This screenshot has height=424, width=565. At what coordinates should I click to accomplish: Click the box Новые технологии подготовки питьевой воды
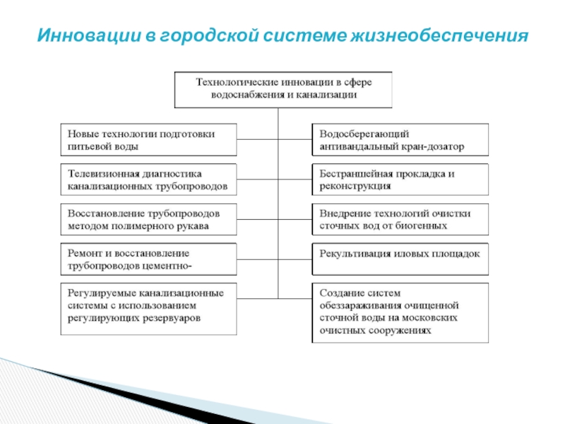click(x=148, y=140)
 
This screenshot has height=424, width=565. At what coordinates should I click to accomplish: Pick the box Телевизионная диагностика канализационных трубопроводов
click(x=148, y=180)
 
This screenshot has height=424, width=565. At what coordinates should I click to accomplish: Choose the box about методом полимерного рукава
click(x=148, y=220)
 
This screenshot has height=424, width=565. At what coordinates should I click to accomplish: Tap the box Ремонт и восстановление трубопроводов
click(x=148, y=259)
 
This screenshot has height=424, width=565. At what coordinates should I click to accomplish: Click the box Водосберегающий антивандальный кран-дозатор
click(x=399, y=140)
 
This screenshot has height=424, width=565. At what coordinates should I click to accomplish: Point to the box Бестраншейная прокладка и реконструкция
click(x=399, y=179)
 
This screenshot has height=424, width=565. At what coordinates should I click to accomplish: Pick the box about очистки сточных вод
click(x=399, y=220)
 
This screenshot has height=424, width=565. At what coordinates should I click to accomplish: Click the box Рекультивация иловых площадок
click(x=399, y=259)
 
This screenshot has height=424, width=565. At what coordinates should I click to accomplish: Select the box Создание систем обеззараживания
click(x=399, y=312)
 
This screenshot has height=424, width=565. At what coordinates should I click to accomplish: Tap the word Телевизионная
click(x=103, y=173)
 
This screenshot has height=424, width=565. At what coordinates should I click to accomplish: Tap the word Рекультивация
click(x=356, y=252)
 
